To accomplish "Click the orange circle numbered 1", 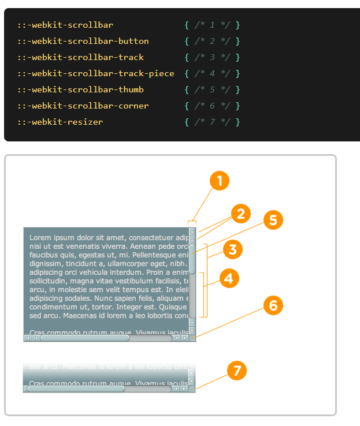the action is [x=220, y=181].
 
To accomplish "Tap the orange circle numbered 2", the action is [x=240, y=214].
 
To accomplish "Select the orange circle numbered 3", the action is [x=232, y=249].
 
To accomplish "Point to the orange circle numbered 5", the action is [x=273, y=219].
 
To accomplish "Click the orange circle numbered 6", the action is [x=273, y=305].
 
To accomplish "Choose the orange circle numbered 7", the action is [x=236, y=370].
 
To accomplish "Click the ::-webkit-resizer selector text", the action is [x=60, y=122].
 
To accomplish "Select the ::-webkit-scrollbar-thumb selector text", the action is [x=80, y=89].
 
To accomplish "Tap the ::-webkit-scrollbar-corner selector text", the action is [x=83, y=106].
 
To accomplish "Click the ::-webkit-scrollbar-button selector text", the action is [x=83, y=41].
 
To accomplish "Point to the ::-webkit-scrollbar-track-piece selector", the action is [x=95, y=73].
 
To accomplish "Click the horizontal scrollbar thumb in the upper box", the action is [x=84, y=338].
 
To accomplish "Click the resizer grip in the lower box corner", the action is [x=192, y=389].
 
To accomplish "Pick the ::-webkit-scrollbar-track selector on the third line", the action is [x=80, y=57].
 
